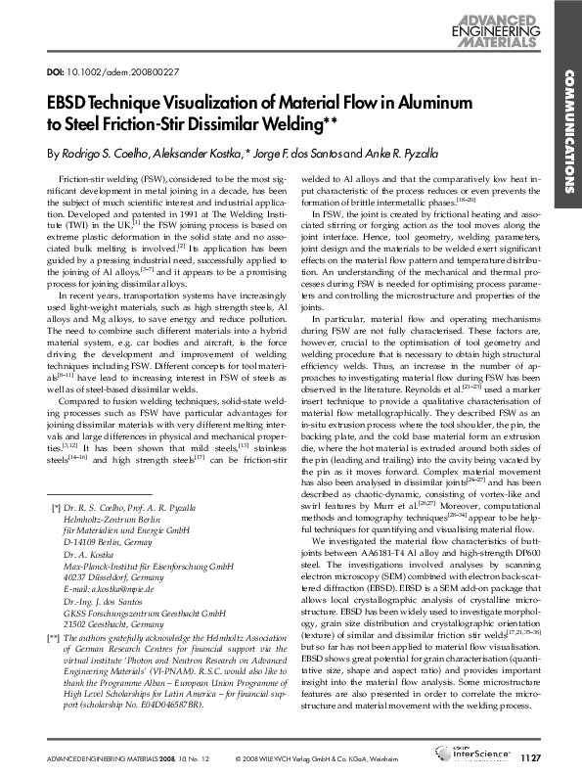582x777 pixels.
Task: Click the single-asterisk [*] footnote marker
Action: (x=53, y=510)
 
